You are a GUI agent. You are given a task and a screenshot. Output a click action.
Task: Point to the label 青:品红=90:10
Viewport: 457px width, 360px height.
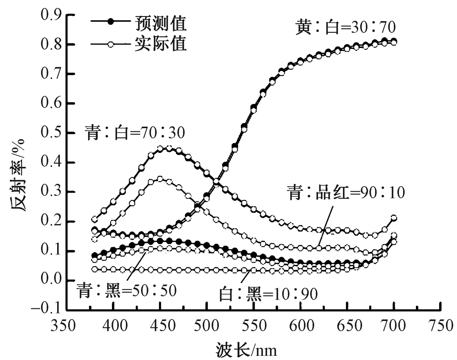[346, 193]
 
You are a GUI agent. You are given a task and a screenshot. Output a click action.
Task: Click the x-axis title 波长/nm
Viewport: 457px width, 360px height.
[247, 350]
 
